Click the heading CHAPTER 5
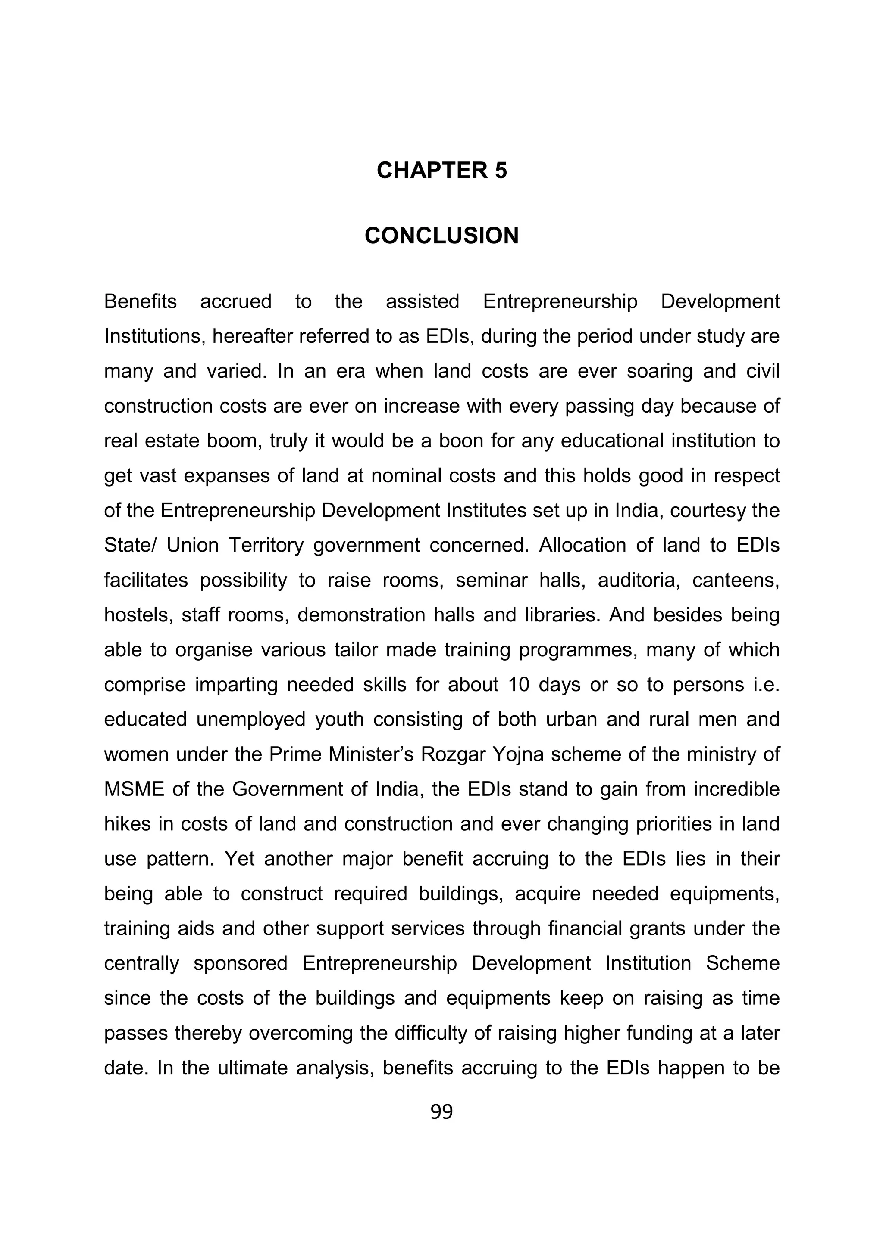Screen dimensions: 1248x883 tap(441, 171)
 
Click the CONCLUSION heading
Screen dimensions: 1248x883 tap(441, 236)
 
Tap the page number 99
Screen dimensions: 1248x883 tap(441, 1111)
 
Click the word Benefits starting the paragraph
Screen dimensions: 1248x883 tap(141, 302)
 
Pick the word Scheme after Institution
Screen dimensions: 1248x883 tap(742, 964)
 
